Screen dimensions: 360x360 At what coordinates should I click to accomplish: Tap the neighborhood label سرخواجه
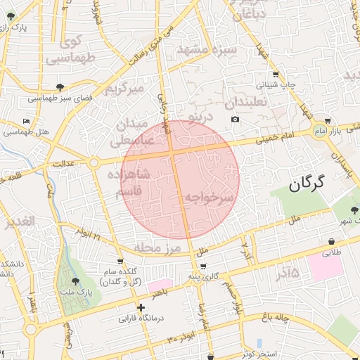209,200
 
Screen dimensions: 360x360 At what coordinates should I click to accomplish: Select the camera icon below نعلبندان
234,119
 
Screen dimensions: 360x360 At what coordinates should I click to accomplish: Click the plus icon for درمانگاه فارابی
141,307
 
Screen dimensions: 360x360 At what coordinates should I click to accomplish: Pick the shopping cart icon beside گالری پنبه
203,266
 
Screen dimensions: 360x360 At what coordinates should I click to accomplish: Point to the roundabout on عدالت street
93,163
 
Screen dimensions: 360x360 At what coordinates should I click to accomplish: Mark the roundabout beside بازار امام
322,133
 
